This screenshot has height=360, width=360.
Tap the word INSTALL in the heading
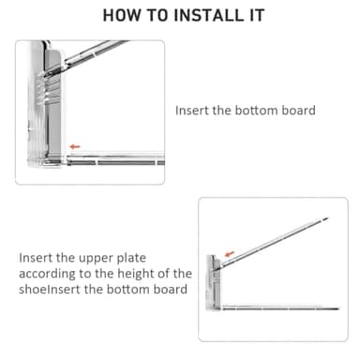pos(208,15)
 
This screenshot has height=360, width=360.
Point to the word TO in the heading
pos(157,15)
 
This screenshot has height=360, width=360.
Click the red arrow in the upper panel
pos(75,146)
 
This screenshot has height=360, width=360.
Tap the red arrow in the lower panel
pos(230,253)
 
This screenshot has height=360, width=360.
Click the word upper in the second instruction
pos(96,259)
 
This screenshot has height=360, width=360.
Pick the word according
pos(47,275)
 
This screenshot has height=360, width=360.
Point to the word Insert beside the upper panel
pos(192,111)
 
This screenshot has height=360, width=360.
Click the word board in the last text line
pos(171,289)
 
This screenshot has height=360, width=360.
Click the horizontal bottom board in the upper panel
pos(115,160)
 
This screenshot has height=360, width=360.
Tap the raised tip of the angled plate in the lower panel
pos(326,218)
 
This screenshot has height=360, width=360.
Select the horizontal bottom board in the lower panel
pos(280,308)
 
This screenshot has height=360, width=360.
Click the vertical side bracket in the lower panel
pos(213,282)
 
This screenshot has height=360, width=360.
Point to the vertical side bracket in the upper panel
pos(47,105)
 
